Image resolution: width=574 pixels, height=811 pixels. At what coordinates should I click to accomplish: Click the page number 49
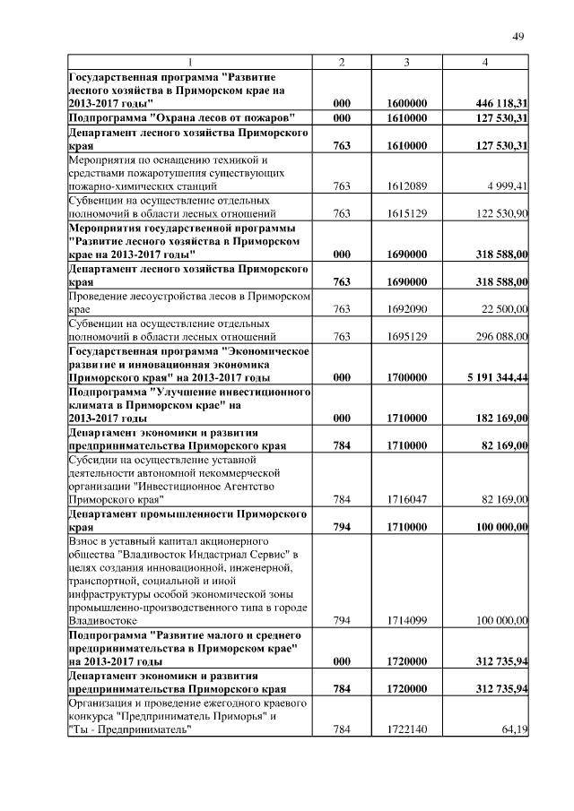[517, 36]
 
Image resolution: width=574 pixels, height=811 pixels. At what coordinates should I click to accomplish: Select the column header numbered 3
[406, 62]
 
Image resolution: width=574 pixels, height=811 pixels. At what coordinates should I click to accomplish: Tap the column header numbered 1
[190, 62]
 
